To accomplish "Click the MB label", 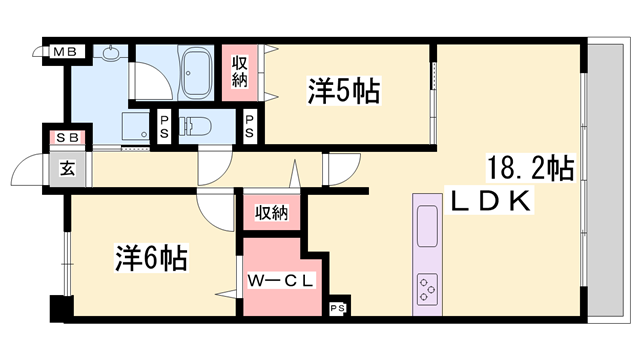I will click(x=63, y=51).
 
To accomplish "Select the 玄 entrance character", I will click(x=68, y=168).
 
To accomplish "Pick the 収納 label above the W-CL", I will click(x=271, y=211).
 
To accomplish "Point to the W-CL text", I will click(x=278, y=282).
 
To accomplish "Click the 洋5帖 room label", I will click(x=343, y=92).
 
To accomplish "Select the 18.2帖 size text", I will click(x=529, y=166).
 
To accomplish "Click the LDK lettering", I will click(x=496, y=200).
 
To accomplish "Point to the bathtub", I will click(x=192, y=72).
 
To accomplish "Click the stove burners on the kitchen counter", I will click(x=427, y=288).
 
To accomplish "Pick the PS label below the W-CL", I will click(x=338, y=308).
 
